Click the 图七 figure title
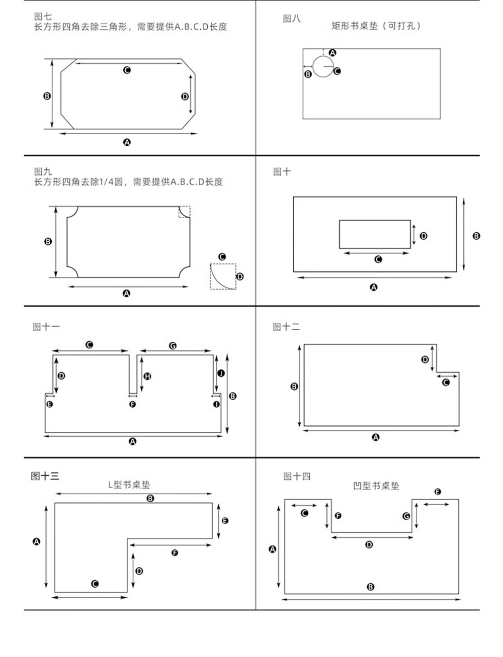[x=43, y=17]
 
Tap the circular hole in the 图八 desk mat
[x=322, y=66]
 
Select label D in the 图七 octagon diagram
[x=185, y=96]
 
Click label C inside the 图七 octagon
[x=127, y=70]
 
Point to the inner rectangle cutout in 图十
[x=374, y=234]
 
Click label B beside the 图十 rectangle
[x=476, y=236]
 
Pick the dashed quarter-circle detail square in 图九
[x=223, y=276]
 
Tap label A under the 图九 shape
[x=127, y=293]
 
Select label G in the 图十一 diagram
[x=173, y=346]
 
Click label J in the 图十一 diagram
[x=220, y=373]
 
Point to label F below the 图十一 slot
[x=132, y=404]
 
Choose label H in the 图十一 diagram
[x=147, y=376]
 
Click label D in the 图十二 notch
[x=425, y=359]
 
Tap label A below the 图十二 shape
[x=375, y=437]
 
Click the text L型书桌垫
[x=129, y=485]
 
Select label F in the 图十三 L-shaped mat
[x=175, y=553]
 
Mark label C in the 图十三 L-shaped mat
[x=95, y=584]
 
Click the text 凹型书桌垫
[x=376, y=486]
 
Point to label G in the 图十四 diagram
[x=406, y=516]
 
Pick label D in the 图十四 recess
[x=369, y=544]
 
